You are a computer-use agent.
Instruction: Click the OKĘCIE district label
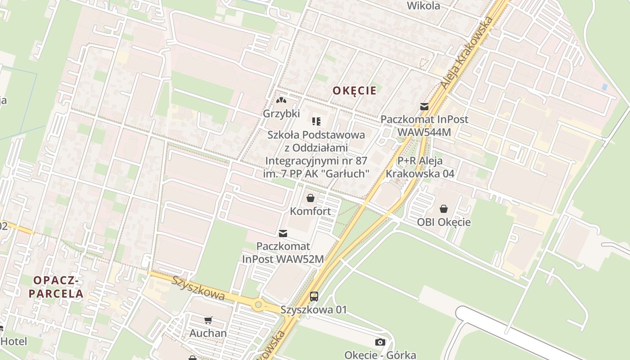[355, 90]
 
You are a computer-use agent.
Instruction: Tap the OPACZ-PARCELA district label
[56, 287]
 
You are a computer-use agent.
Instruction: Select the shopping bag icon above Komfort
[310, 198]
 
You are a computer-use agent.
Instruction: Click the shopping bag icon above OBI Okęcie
[444, 209]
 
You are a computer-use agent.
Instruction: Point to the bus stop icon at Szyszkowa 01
[314, 297]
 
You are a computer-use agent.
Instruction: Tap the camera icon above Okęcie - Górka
[380, 342]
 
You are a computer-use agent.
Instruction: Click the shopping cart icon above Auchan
[208, 320]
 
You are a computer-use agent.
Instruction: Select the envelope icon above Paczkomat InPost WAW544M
[424, 107]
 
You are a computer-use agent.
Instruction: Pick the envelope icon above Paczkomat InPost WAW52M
[283, 233]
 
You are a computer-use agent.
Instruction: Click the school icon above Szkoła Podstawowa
[316, 121]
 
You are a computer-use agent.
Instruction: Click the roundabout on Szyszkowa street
[258, 305]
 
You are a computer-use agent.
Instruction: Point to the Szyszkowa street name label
[198, 288]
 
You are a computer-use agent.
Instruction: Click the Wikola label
[423, 6]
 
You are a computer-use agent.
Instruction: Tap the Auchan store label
[208, 333]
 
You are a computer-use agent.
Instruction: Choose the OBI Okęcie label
[444, 222]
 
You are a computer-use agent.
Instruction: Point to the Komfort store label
[310, 211]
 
